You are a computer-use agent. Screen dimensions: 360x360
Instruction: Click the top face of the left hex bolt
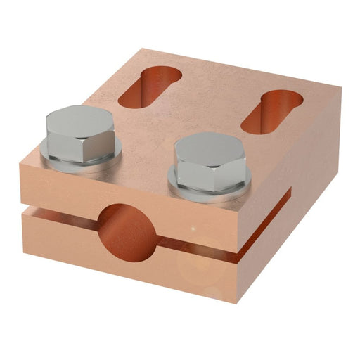pyautogui.click(x=79, y=122)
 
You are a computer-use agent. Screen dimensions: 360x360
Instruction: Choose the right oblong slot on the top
pyautogui.click(x=271, y=110)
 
